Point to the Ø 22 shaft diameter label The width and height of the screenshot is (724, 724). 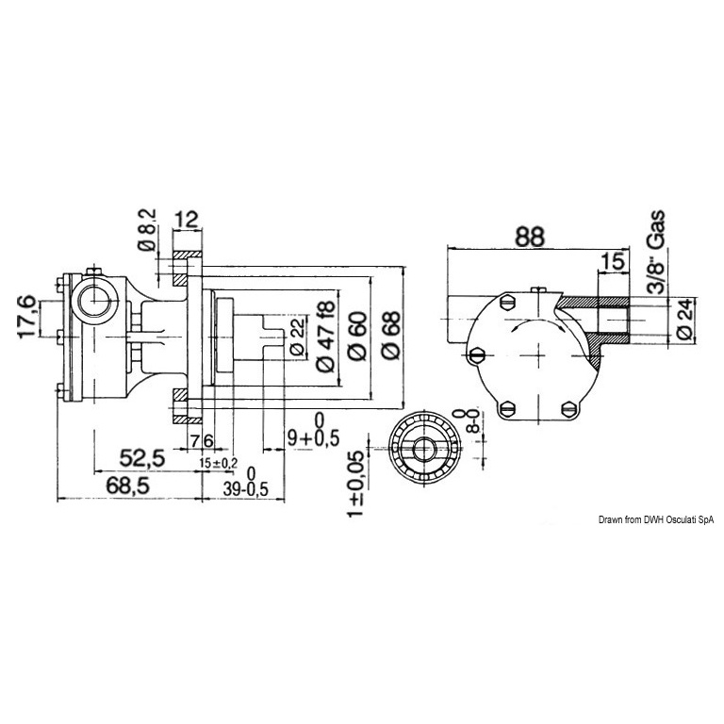click(x=296, y=337)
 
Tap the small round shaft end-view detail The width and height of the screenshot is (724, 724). click(x=424, y=449)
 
